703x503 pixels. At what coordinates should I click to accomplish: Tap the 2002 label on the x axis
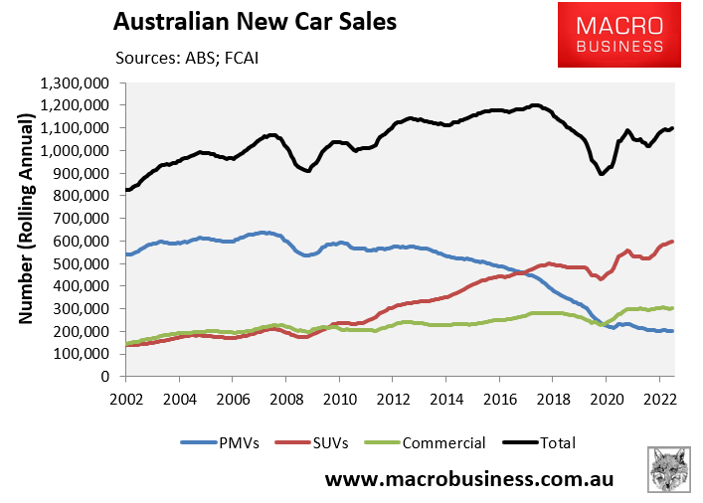125,399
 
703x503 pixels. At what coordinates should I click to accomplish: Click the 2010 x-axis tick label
338,399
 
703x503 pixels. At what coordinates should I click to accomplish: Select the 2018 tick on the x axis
551,399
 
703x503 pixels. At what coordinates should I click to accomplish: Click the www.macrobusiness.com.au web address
469,478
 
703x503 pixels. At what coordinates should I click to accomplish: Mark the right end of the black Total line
673,128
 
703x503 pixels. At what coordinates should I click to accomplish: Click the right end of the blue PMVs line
673,331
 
